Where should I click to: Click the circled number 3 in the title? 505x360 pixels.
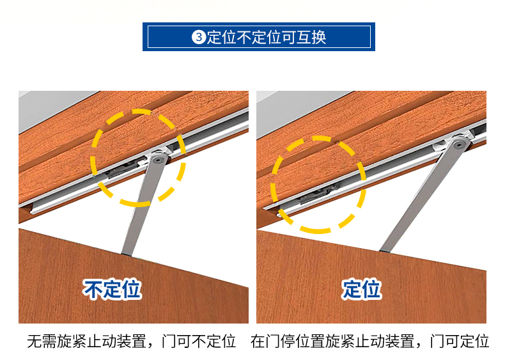point(199,37)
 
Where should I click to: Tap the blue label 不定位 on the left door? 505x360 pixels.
point(112,289)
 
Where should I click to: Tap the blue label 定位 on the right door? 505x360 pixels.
point(361,289)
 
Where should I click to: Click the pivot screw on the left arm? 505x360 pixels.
point(157,160)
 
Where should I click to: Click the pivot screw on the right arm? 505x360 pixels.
point(458,145)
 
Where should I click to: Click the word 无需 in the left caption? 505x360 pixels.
point(42,341)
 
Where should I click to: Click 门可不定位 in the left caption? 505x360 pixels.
point(198,341)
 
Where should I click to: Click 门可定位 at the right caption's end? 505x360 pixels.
point(459,341)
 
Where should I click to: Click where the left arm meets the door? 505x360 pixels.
point(127,254)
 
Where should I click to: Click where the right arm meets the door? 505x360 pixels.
point(385,249)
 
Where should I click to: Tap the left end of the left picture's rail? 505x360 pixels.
point(32,211)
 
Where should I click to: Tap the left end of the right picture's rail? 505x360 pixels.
point(278,214)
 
